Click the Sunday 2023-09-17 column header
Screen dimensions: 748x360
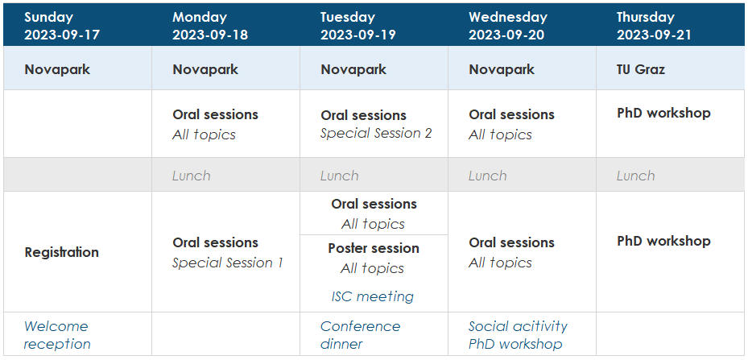click(x=62, y=27)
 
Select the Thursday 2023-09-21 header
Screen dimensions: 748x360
click(x=654, y=27)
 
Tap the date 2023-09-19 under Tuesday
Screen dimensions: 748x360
click(x=357, y=35)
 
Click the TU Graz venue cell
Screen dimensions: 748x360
click(x=641, y=70)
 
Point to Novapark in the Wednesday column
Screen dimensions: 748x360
click(x=502, y=70)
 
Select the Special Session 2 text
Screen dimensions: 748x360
click(x=376, y=133)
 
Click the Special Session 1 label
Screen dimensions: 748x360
click(x=228, y=263)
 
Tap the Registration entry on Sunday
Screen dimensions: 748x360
click(x=61, y=252)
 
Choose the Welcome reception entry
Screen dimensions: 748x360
click(x=57, y=335)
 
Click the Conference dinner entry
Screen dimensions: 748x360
click(x=360, y=335)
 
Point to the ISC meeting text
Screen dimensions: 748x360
click(x=373, y=296)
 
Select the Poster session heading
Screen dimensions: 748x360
click(x=374, y=248)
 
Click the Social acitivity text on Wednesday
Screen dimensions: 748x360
click(x=518, y=327)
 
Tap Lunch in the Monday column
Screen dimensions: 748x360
click(x=192, y=176)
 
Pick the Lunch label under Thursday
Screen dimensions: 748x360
click(x=635, y=176)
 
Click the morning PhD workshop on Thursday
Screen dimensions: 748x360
click(x=663, y=114)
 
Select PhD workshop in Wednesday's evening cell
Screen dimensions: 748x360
click(x=515, y=344)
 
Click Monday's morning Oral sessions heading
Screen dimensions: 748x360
click(x=215, y=114)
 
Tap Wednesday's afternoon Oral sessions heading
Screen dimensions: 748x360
click(x=511, y=242)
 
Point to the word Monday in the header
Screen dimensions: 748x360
click(x=200, y=18)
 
